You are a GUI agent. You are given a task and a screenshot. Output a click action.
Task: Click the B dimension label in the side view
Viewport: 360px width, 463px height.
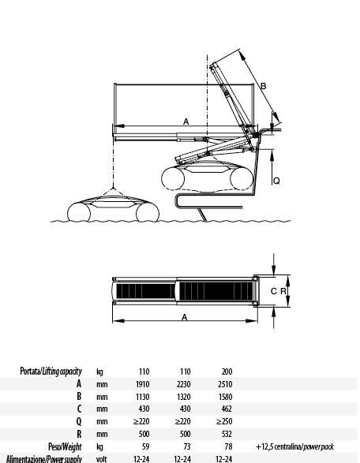[263, 86]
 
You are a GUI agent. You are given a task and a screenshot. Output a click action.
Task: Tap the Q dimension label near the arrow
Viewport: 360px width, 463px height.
[276, 181]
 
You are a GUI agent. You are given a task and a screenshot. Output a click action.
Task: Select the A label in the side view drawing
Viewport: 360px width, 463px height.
[186, 121]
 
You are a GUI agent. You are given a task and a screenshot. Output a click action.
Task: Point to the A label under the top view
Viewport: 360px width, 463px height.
[185, 317]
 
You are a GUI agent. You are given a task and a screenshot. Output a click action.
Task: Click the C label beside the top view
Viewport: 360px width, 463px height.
[274, 291]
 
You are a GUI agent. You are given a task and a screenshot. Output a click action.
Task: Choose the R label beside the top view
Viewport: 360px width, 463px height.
[283, 291]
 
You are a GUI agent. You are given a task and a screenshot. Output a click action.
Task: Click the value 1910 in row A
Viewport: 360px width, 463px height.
[142, 384]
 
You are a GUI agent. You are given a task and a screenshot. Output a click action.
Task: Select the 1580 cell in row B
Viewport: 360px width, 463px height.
[225, 397]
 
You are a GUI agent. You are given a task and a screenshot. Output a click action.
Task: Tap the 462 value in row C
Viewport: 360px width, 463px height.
[227, 409]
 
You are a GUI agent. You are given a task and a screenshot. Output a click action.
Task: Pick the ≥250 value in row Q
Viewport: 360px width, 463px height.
[224, 421]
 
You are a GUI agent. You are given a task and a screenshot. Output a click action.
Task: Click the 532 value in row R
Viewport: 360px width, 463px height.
[227, 434]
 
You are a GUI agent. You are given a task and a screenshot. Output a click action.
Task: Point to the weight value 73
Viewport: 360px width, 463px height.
[187, 446]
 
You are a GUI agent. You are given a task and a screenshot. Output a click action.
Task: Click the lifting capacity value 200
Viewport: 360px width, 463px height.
[227, 372]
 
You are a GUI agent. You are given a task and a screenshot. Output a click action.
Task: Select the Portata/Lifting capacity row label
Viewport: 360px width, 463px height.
[51, 372]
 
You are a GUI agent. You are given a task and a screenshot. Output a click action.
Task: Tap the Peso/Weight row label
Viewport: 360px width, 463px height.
[65, 446]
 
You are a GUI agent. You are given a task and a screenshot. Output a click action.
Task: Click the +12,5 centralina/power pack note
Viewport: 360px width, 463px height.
[294, 446]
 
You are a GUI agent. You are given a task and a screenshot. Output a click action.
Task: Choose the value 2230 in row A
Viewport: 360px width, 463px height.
[183, 384]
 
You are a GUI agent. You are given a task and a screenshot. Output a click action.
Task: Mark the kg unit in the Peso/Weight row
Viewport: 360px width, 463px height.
[100, 447]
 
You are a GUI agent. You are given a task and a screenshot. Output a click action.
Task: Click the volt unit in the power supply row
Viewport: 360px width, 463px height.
[101, 459]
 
